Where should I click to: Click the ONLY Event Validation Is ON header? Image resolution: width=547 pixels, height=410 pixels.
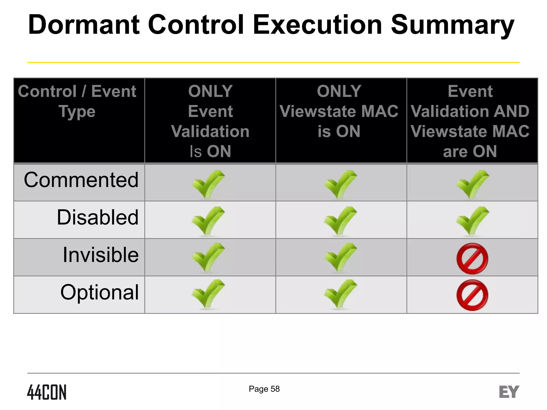tap(210, 121)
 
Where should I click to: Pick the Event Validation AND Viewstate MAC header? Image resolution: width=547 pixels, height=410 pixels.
tap(470, 121)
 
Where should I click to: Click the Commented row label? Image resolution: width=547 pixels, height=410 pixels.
tap(81, 180)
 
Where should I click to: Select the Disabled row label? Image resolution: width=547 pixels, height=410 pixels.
tap(98, 217)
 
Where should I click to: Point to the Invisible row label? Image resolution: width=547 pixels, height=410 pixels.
tap(101, 255)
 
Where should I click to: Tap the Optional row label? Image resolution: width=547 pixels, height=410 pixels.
tap(100, 292)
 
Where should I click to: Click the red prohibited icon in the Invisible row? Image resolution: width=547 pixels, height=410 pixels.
tap(472, 258)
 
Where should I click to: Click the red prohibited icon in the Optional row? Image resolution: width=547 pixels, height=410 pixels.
tap(472, 295)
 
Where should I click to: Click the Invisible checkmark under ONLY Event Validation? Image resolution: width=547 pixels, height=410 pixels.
tap(208, 257)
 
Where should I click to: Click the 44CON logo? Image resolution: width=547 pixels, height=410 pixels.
tap(47, 392)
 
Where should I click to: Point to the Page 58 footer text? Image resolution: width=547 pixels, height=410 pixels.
tap(264, 389)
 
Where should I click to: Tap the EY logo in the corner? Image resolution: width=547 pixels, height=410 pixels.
tap(509, 392)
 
